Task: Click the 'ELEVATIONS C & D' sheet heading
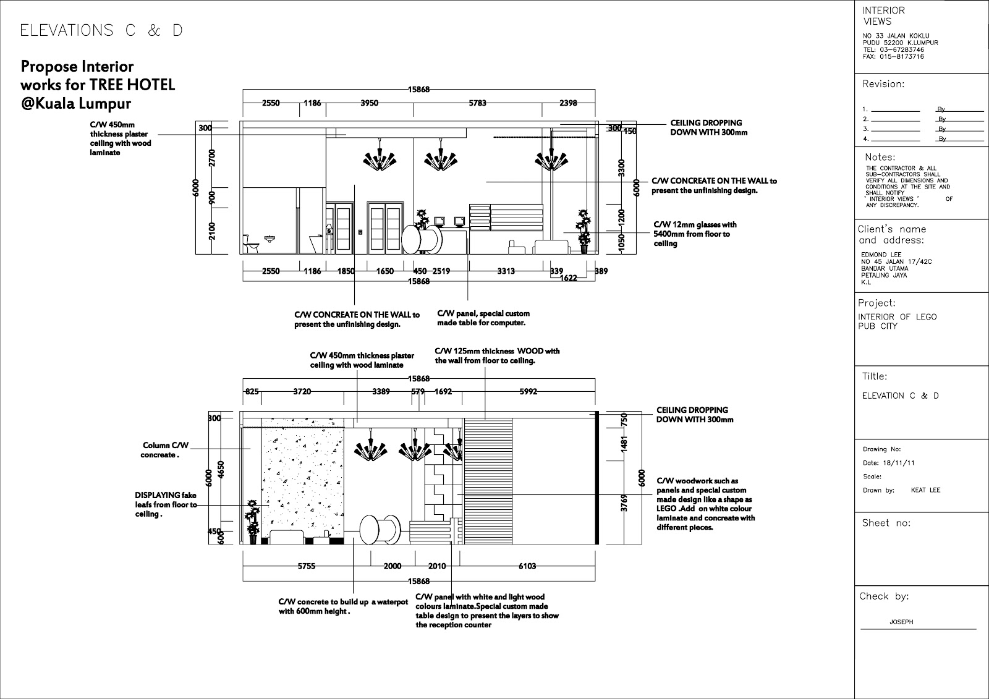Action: click(101, 30)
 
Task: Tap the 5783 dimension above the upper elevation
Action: click(477, 103)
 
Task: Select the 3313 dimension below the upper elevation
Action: click(506, 271)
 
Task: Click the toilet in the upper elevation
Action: click(251, 244)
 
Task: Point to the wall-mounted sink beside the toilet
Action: click(270, 239)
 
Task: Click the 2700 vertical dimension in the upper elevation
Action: click(213, 158)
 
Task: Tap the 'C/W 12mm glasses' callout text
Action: click(695, 234)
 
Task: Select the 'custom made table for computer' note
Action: click(483, 318)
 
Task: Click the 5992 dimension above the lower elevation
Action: click(528, 391)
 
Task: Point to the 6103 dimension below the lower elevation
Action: click(527, 566)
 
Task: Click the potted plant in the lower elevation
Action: click(253, 522)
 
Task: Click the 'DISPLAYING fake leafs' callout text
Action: click(166, 505)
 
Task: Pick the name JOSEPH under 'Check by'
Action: click(901, 622)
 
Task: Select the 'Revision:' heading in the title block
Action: click(883, 84)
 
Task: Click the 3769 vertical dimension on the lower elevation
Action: click(624, 503)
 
